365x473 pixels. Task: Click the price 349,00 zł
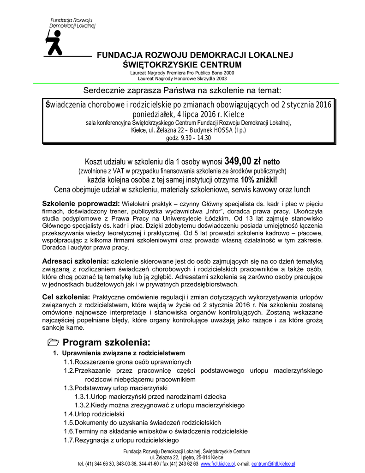[243, 162]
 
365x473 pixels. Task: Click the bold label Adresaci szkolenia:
[76, 261]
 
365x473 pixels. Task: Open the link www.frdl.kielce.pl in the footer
[218, 463]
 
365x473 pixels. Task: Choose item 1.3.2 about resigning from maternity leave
[159, 405]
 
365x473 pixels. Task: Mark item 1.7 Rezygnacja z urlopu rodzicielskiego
[121, 440]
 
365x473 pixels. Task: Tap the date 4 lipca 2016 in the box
[194, 114]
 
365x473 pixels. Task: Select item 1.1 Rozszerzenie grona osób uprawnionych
[127, 362]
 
